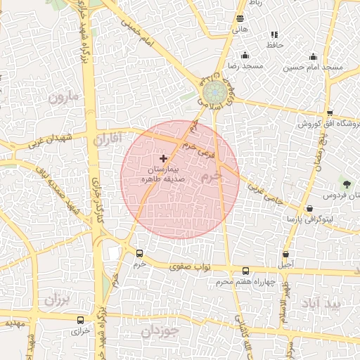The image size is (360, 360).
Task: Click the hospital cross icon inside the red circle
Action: (164, 158)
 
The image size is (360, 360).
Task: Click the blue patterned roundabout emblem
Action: (212, 92)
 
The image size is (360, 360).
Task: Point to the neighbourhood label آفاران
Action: (108, 138)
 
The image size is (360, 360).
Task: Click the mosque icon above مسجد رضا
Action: (245, 56)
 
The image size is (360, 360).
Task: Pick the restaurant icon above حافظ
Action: (274, 34)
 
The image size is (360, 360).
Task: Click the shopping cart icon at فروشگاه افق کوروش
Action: (330, 113)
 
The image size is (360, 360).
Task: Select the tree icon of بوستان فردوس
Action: (346, 184)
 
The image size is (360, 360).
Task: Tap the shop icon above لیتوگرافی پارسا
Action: (310, 209)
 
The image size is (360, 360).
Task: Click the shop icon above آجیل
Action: (285, 254)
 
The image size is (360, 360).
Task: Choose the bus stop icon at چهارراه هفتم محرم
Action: (245, 271)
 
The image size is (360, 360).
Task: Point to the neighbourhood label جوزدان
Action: (160, 330)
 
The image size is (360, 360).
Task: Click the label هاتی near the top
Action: (240, 30)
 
